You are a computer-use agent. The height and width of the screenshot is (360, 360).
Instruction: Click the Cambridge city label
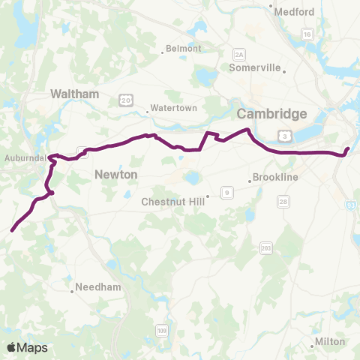[x=272, y=113]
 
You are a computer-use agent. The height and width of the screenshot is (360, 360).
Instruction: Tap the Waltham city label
[x=74, y=94]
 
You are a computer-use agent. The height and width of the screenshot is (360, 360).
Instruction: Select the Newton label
[x=117, y=174]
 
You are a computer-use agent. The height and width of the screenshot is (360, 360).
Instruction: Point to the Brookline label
[x=276, y=177]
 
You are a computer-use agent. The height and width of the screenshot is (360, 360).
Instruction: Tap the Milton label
[x=330, y=341]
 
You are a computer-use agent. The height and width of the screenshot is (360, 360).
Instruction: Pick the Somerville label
[x=256, y=67]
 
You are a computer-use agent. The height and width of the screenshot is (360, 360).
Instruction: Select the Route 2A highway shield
[x=239, y=55]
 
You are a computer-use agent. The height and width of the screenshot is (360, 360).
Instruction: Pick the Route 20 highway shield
[x=127, y=99]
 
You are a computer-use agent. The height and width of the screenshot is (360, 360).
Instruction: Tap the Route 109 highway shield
[x=163, y=330]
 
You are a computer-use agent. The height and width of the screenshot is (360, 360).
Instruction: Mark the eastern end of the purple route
[x=348, y=148]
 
